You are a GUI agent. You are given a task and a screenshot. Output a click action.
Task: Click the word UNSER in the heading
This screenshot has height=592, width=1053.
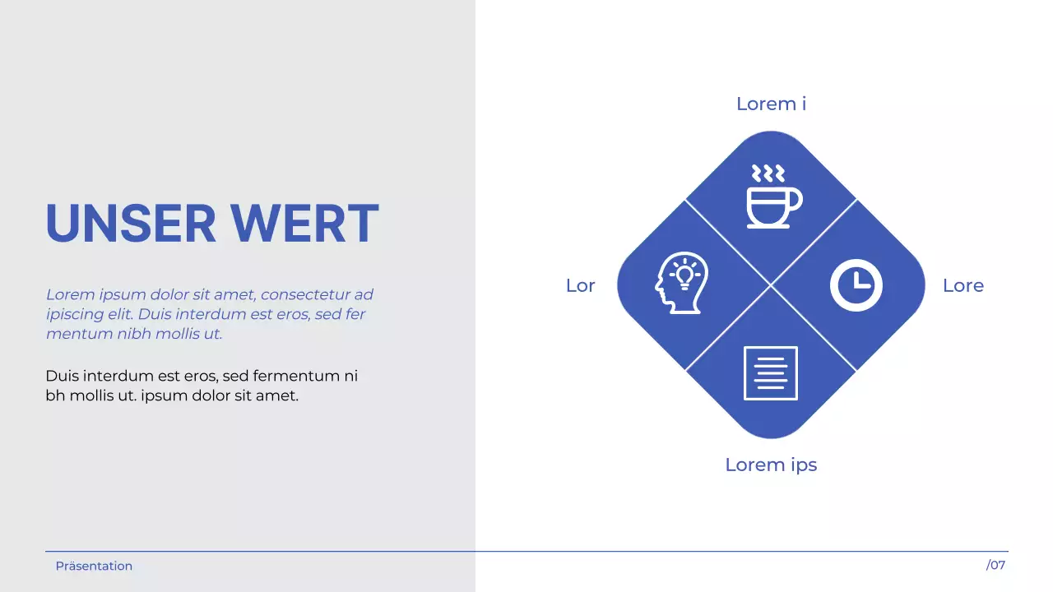tap(130, 224)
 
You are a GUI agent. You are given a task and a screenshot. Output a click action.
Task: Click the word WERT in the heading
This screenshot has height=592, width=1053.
tap(304, 224)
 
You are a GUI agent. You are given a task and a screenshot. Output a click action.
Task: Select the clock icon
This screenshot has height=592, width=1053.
tap(856, 286)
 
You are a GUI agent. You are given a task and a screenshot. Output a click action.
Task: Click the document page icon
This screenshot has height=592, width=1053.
tap(771, 373)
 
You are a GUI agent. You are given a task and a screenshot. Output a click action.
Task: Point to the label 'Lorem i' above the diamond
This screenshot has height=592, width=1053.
tap(771, 104)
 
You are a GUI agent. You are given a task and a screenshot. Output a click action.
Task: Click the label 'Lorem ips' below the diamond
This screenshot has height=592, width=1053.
tap(771, 465)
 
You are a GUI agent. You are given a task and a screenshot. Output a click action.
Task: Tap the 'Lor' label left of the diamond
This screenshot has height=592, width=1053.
tap(580, 285)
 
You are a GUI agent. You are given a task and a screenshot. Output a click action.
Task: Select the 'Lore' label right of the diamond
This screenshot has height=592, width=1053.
tap(963, 285)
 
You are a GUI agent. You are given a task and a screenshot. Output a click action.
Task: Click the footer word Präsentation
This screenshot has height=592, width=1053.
tap(94, 566)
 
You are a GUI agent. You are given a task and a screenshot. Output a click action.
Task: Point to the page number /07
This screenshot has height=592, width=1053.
tap(995, 565)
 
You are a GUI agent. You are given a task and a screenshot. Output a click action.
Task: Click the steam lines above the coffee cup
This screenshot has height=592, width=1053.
tap(768, 173)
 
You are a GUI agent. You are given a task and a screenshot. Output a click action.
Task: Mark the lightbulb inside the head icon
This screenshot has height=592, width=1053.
tap(684, 272)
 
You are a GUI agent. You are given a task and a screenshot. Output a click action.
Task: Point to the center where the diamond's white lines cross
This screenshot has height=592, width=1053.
tap(771, 285)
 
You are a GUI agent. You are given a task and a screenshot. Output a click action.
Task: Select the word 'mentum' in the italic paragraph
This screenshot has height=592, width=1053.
tap(75, 334)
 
